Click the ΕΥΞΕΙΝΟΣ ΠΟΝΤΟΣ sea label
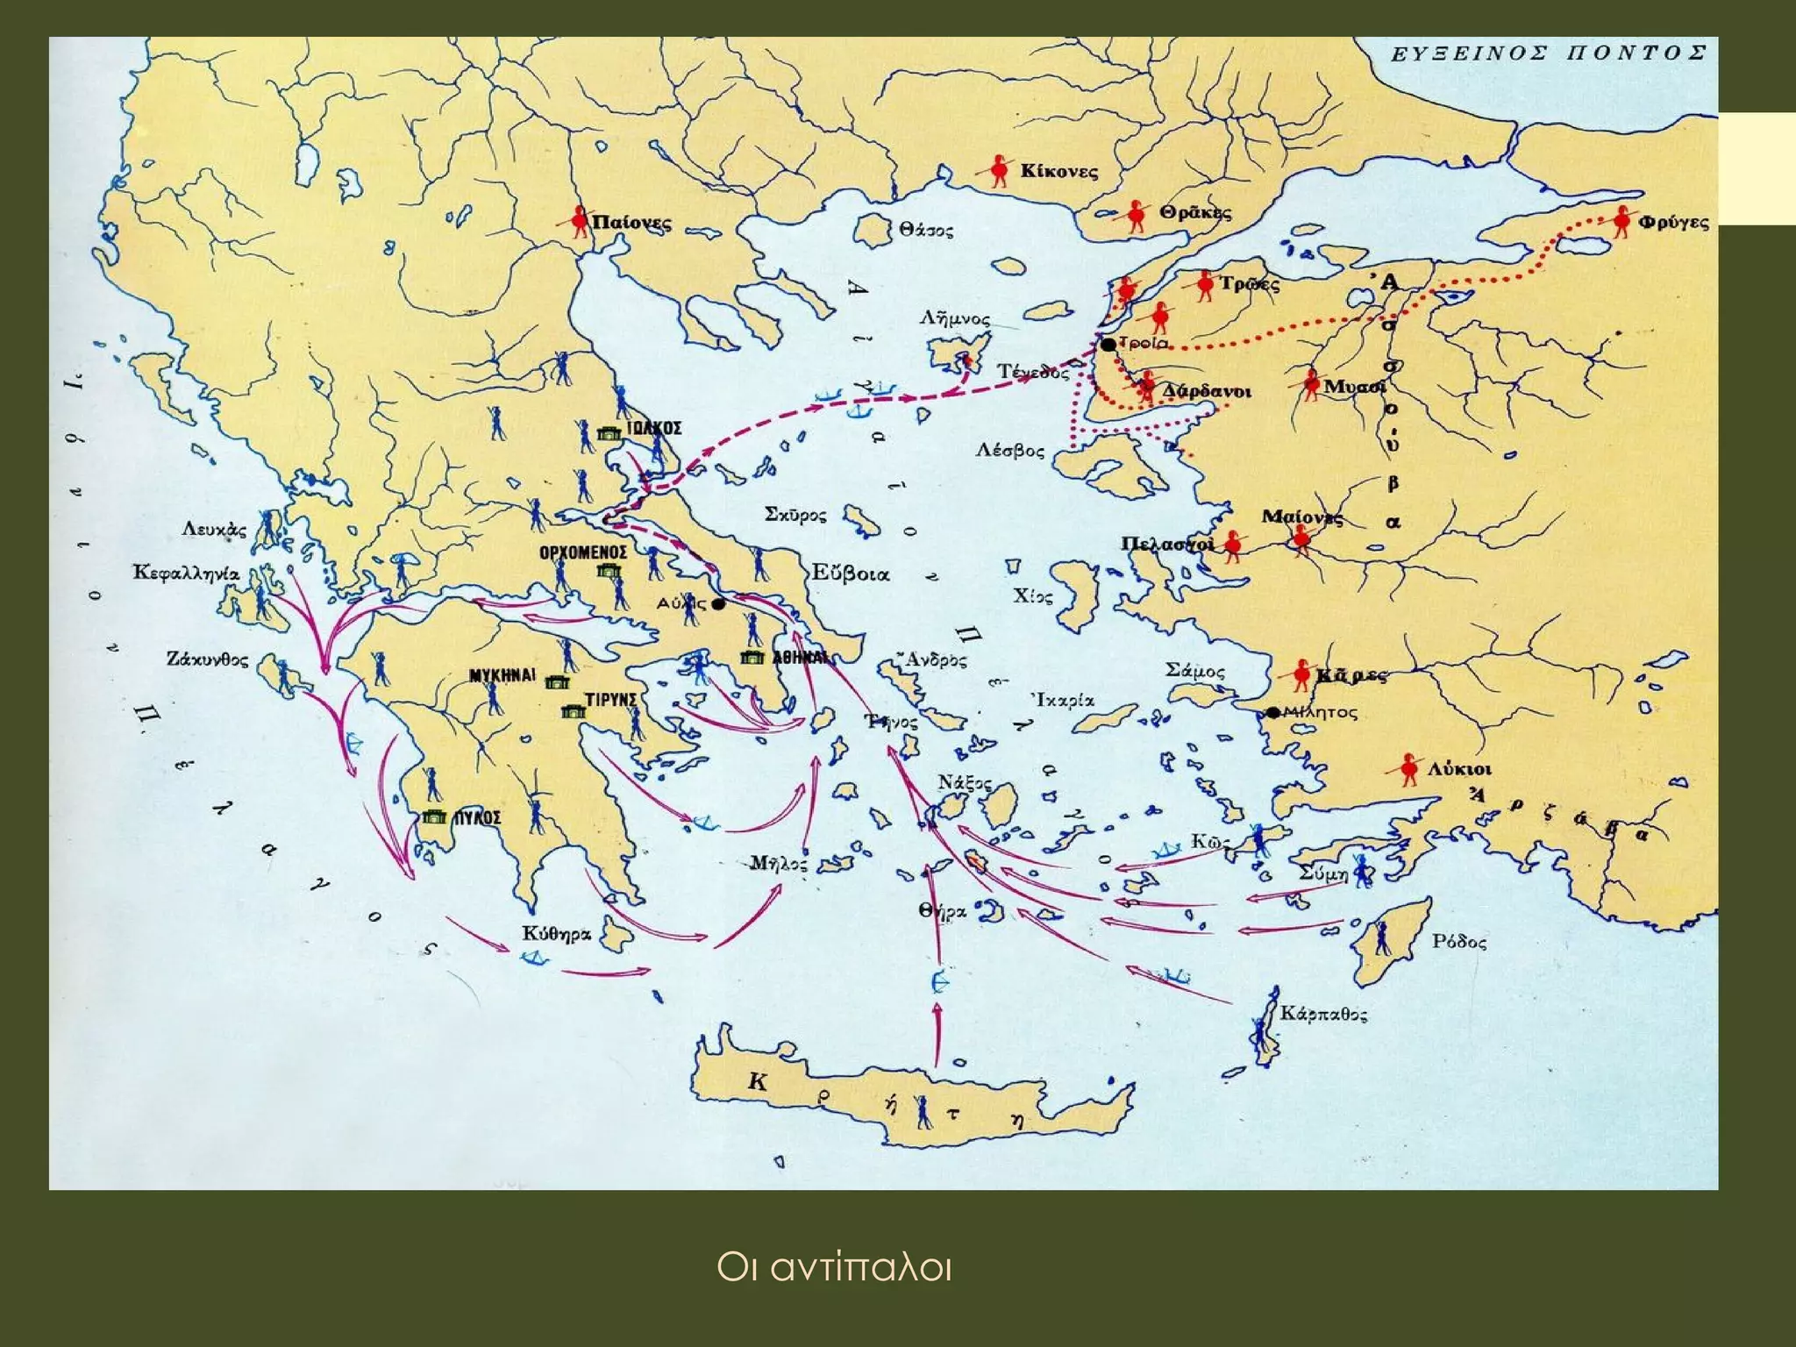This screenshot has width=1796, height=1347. pyautogui.click(x=1549, y=53)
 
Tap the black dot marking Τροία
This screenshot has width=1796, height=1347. pyautogui.click(x=1108, y=345)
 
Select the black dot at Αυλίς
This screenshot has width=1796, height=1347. pyautogui.click(x=718, y=604)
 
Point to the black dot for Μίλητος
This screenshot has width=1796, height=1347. pyautogui.click(x=1273, y=713)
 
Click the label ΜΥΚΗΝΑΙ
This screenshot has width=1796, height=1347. pyautogui.click(x=502, y=675)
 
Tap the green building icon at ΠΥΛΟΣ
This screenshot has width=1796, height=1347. pyautogui.click(x=433, y=817)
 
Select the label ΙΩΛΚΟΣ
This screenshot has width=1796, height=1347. pyautogui.click(x=654, y=428)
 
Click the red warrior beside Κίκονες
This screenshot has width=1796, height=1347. pyautogui.click(x=998, y=170)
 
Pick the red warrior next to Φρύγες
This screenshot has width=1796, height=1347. pyautogui.click(x=1621, y=221)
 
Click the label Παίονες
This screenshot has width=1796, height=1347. pyautogui.click(x=631, y=223)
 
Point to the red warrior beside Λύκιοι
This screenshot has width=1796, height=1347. pyautogui.click(x=1408, y=768)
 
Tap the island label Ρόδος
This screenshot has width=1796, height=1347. pyautogui.click(x=1458, y=942)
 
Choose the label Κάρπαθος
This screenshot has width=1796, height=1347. pyautogui.click(x=1323, y=1015)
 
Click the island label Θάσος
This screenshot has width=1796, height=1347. pyautogui.click(x=925, y=231)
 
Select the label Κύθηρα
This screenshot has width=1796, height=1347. pyautogui.click(x=557, y=934)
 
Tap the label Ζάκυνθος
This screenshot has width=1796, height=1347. pyautogui.click(x=208, y=659)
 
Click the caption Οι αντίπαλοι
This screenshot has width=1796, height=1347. pyautogui.click(x=833, y=1268)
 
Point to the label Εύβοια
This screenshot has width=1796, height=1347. pyautogui.click(x=850, y=574)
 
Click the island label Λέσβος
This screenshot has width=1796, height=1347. pyautogui.click(x=1010, y=451)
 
